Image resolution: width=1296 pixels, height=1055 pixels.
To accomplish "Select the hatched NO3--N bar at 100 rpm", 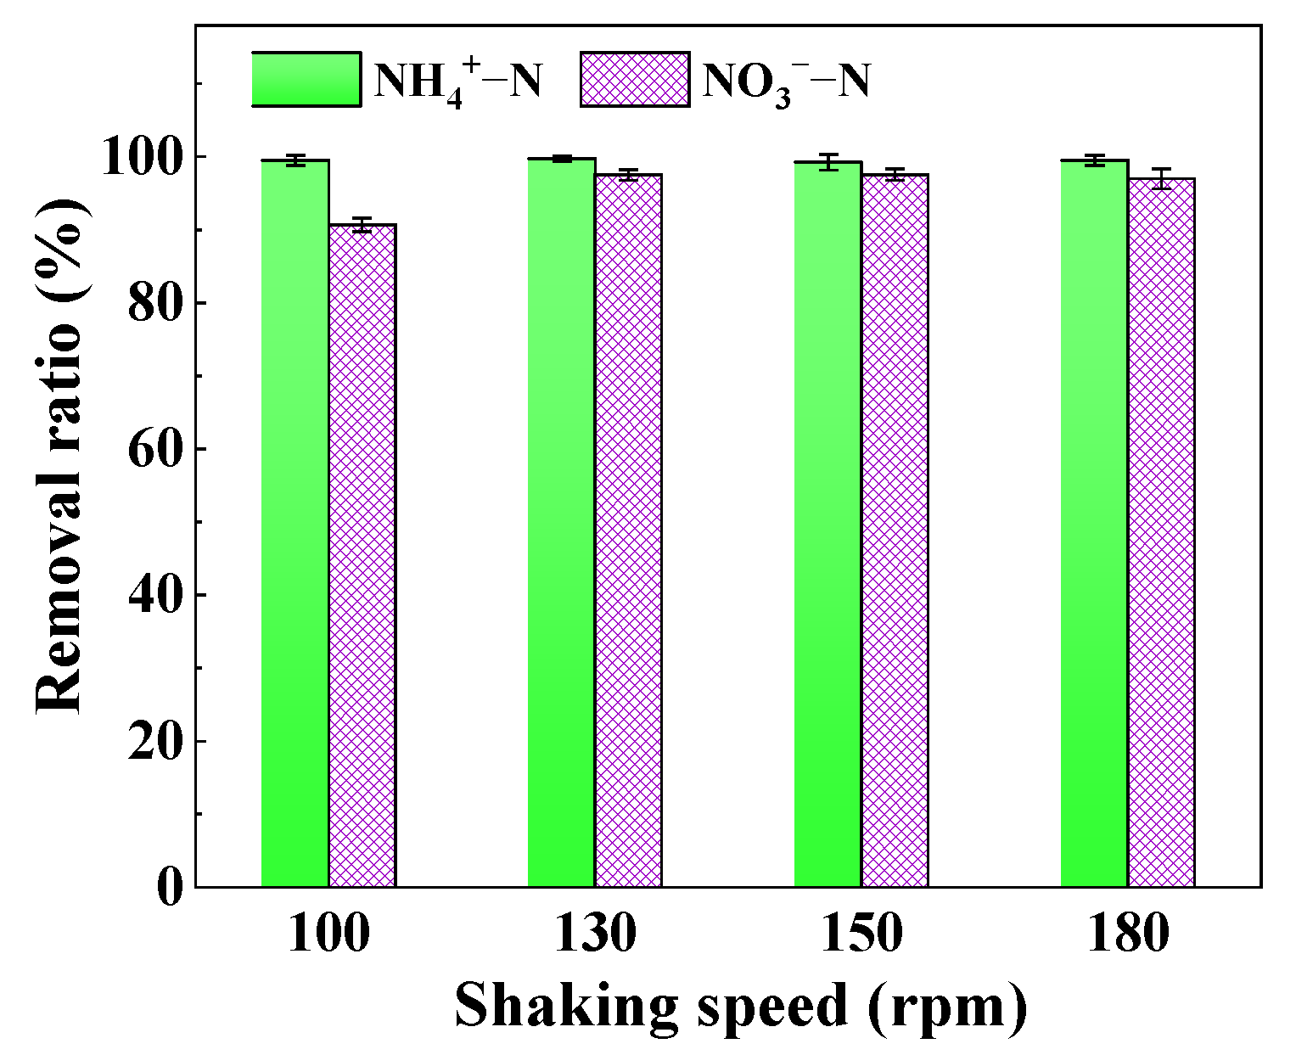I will click(362, 556).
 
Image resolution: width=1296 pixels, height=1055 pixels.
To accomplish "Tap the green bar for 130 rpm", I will click(561, 523).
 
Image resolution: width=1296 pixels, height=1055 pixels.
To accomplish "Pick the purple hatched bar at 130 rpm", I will click(628, 530).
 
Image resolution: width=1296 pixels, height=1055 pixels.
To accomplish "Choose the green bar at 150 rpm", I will click(828, 525).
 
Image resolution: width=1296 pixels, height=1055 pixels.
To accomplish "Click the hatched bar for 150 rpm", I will click(895, 530).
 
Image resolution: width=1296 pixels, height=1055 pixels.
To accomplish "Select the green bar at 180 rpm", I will click(1094, 524).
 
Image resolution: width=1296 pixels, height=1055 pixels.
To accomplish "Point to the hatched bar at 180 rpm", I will click(1161, 533).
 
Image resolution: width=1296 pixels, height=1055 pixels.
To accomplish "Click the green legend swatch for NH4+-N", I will click(306, 80).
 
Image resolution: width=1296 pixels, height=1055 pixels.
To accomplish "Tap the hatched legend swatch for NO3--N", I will click(634, 80).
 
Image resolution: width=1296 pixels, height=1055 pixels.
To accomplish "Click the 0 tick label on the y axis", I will click(170, 888).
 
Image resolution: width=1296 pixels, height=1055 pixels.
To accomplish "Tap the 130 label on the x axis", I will click(595, 934).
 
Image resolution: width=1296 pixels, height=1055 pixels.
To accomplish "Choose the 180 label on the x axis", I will click(1128, 934).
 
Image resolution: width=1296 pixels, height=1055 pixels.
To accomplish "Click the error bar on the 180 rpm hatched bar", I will click(1161, 178).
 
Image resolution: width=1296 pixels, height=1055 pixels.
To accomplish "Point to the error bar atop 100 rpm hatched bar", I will click(362, 225).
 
